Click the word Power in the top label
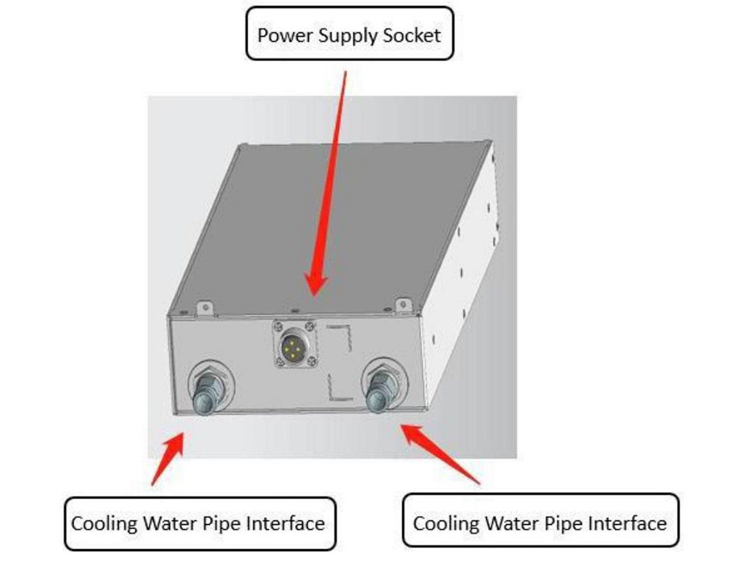pyautogui.click(x=285, y=35)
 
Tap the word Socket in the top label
pyautogui.click(x=411, y=35)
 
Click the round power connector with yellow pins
pyautogui.click(x=292, y=344)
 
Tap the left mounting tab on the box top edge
pyautogui.click(x=205, y=308)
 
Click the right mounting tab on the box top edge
pyautogui.click(x=403, y=305)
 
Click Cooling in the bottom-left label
pyautogui.click(x=104, y=524)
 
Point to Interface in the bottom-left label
pyautogui.click(x=285, y=523)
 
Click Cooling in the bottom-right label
pyautogui.click(x=446, y=524)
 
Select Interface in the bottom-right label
pyautogui.click(x=627, y=523)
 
